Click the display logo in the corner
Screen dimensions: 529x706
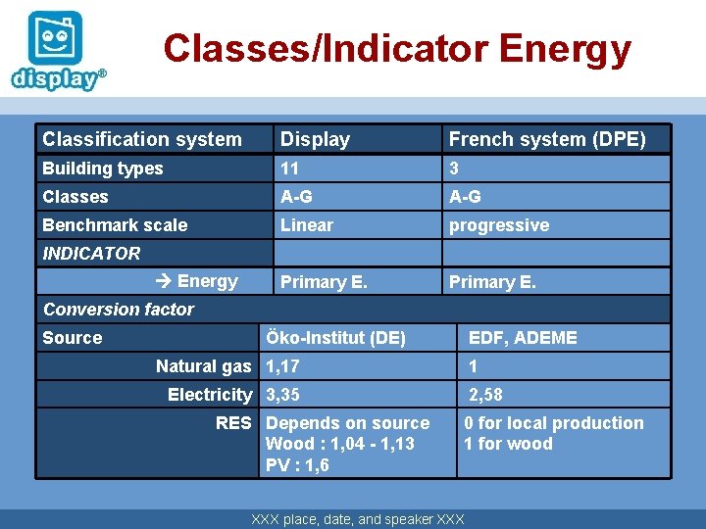point(58,52)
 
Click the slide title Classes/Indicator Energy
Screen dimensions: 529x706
point(396,48)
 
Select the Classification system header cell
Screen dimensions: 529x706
point(141,140)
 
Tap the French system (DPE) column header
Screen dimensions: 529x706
point(546,140)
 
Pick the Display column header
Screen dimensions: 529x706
point(315,140)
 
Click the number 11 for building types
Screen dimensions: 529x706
point(289,168)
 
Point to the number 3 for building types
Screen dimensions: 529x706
point(454,168)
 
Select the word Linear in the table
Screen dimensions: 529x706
point(307,225)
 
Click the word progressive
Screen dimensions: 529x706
point(498,225)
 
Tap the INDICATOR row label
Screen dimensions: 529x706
point(91,254)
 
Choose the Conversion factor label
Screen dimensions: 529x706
point(119,310)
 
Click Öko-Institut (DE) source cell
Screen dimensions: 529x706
point(335,338)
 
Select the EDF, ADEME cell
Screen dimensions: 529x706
point(523,338)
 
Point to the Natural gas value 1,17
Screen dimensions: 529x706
point(282,366)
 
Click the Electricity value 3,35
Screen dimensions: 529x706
point(282,395)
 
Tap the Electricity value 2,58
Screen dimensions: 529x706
point(485,395)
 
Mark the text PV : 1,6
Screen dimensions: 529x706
point(297,465)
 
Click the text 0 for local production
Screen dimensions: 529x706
point(554,423)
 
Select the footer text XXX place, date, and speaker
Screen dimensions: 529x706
point(358,519)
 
